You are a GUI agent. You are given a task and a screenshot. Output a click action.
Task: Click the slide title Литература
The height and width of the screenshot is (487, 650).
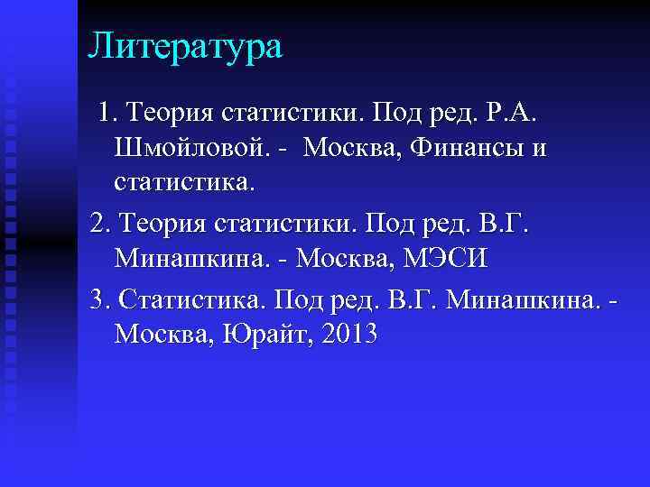tap(185, 46)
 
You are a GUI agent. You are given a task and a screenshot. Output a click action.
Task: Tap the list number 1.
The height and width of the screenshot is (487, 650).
tap(107, 113)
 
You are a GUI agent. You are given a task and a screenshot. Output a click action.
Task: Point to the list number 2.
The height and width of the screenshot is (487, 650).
tap(99, 223)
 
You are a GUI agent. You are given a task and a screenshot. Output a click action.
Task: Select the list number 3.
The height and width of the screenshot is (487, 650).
tap(99, 298)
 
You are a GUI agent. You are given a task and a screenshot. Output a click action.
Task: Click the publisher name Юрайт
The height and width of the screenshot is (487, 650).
tap(263, 335)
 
